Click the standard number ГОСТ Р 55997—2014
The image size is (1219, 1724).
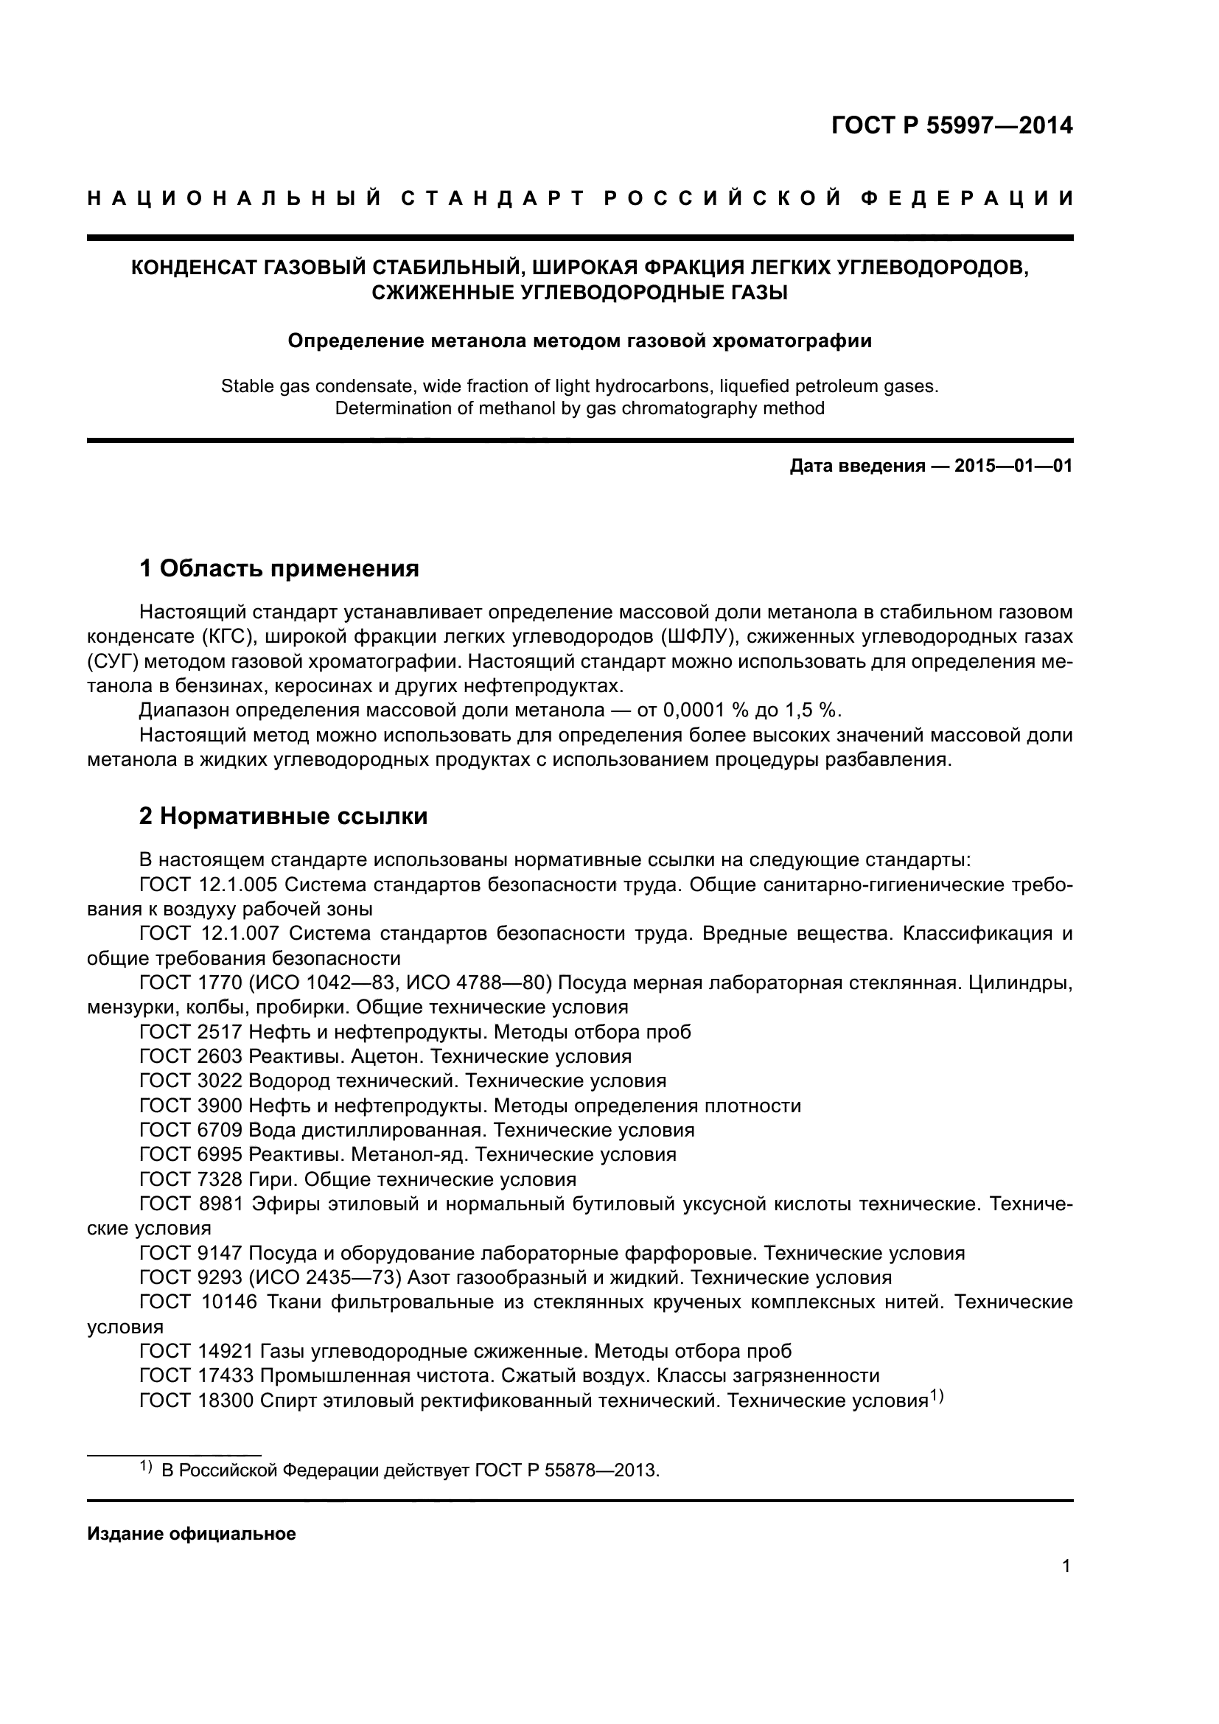tap(951, 125)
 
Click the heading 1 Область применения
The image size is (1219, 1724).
tap(279, 568)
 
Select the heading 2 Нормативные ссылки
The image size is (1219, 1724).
tap(283, 816)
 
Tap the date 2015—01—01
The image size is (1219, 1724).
tap(1013, 467)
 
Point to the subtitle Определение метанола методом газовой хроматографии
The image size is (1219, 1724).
tap(579, 341)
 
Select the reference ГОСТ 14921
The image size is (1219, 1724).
tap(197, 1351)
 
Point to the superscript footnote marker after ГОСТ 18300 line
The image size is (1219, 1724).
tap(936, 1395)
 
